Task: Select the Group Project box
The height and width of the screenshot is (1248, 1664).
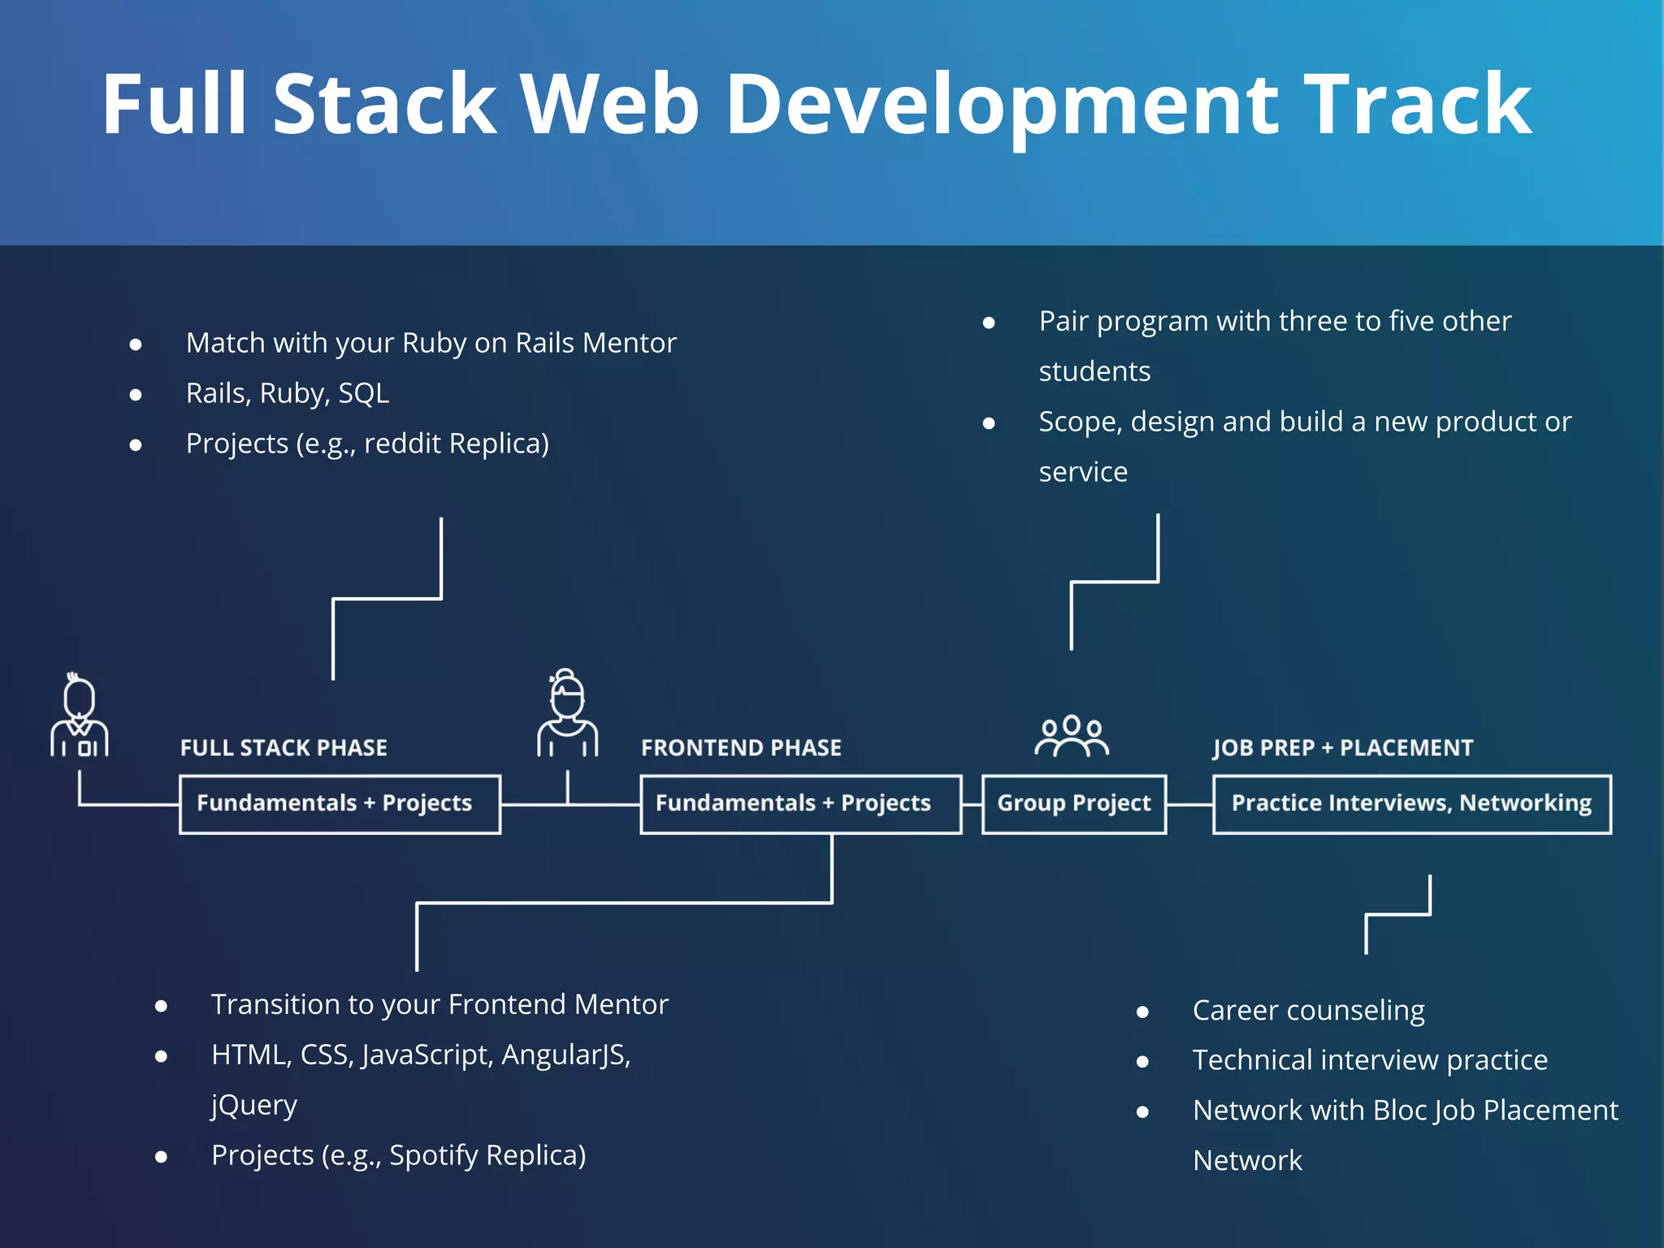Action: (1073, 804)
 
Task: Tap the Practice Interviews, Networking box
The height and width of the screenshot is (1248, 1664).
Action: (1411, 804)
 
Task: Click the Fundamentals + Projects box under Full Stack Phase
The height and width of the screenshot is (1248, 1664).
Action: (340, 804)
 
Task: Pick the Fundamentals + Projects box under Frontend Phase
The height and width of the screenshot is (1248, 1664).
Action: (800, 804)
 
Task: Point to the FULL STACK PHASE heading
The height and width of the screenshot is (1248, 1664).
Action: (284, 747)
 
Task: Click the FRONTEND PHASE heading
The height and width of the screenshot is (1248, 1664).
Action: (741, 747)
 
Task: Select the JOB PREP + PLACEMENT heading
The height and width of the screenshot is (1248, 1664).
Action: (1342, 747)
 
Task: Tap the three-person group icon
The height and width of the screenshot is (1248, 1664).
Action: (1072, 736)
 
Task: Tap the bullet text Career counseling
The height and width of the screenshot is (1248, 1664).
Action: (1308, 1011)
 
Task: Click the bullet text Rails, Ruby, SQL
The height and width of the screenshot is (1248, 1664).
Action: (288, 393)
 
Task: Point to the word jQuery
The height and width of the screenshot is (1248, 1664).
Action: (254, 1106)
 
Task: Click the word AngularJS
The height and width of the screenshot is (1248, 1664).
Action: (565, 1055)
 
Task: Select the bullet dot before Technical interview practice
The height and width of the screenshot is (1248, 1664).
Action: (1142, 1062)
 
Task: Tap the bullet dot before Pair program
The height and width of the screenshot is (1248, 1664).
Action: (989, 323)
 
